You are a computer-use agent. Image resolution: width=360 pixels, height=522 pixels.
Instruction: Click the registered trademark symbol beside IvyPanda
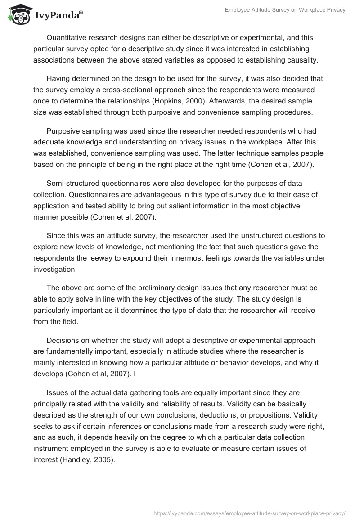(x=81, y=12)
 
